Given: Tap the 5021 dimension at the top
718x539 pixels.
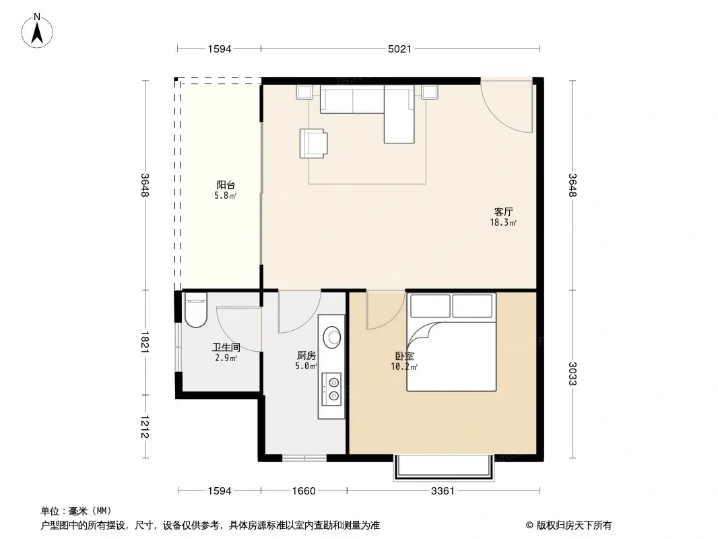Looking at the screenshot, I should click(400, 49).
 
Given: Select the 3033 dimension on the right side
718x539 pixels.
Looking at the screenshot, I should click(573, 373).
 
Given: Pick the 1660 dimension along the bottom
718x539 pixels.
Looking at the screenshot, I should click(304, 491).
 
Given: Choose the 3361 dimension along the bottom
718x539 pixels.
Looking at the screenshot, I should click(443, 491).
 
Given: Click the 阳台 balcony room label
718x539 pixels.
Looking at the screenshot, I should click(226, 185).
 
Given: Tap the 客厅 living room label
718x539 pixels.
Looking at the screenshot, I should click(504, 212).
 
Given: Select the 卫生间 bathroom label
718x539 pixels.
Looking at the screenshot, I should click(226, 348).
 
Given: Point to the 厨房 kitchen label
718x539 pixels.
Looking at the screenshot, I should click(306, 356).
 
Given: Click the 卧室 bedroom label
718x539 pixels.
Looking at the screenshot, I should click(404, 356).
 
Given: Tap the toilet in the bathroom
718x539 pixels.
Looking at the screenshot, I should click(195, 311).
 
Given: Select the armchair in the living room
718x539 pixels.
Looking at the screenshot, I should click(314, 143).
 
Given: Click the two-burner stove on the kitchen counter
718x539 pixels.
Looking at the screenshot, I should click(333, 389).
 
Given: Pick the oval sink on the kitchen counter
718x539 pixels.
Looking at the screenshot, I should click(333, 336).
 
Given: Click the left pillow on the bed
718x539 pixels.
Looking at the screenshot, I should click(430, 306).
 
